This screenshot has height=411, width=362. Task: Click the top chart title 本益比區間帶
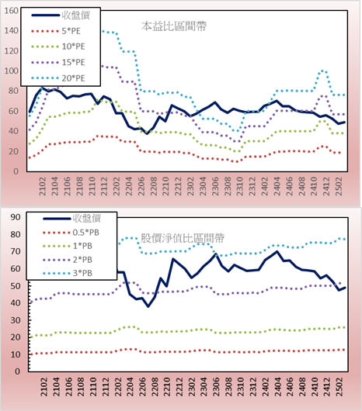[174, 26]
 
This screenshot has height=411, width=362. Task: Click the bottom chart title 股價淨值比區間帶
[183, 238]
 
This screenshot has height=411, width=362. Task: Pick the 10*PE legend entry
[58, 47]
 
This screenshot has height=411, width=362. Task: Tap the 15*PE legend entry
[58, 62]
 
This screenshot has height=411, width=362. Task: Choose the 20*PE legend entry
[58, 78]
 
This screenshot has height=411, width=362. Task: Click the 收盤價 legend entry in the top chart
[61, 16]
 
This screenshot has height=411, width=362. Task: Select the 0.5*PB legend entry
[71, 233]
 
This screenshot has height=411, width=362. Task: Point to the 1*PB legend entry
[68, 246]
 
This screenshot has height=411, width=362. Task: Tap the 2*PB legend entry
[68, 260]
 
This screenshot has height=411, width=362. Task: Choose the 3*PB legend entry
[68, 273]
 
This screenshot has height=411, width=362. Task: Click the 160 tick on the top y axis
[12, 11]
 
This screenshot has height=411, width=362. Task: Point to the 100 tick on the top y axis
[12, 71]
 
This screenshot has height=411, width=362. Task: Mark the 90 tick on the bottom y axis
[16, 217]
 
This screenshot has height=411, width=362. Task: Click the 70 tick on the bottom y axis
[16, 251]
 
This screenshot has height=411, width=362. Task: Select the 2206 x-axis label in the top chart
[141, 186]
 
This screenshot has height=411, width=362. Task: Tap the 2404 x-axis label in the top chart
[277, 186]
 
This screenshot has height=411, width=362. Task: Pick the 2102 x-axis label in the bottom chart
[44, 387]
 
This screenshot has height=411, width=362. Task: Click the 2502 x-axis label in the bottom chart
[340, 387]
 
